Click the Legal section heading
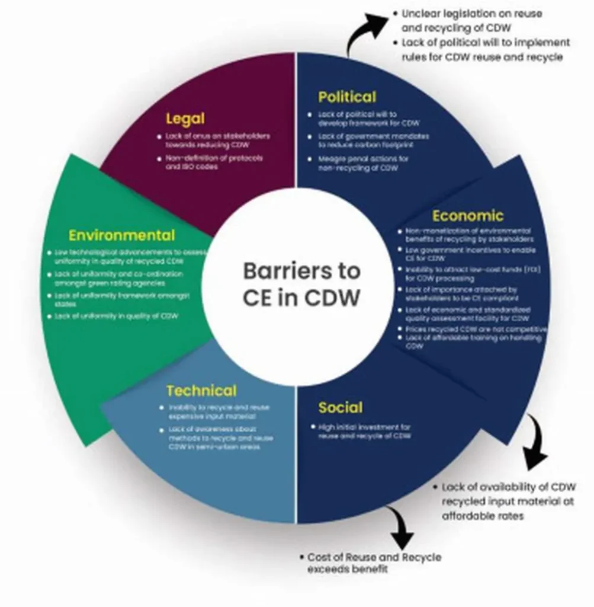185,119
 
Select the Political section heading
346,97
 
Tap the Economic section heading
467,215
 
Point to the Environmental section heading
121,235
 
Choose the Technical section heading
201,391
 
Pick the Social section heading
340,408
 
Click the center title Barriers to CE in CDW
301,284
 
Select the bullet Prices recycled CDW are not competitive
475,329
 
